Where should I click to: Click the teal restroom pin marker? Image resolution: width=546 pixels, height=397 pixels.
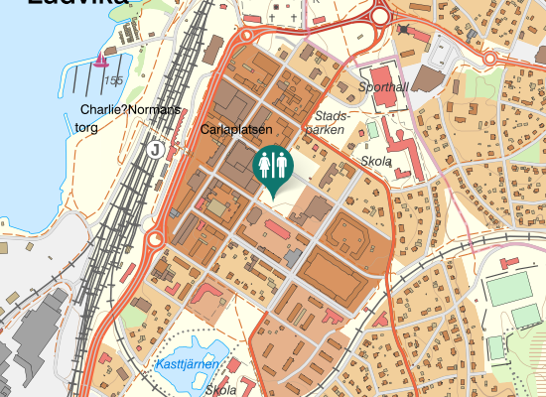272,167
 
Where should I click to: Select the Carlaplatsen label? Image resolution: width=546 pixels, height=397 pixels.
236,129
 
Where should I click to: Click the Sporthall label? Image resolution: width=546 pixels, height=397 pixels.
382,87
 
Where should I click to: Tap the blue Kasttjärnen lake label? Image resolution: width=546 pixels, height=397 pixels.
188,365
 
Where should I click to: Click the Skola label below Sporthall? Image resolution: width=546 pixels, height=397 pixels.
377,162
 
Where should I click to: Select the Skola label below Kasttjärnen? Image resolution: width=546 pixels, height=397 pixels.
220,390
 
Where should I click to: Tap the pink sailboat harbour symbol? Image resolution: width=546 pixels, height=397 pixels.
99,62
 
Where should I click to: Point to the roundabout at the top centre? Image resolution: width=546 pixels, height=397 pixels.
379,16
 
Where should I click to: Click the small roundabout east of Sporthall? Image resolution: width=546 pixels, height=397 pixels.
489,59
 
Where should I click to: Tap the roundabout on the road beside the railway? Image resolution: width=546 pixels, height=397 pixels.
155,240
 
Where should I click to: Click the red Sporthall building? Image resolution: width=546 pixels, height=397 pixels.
382,75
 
